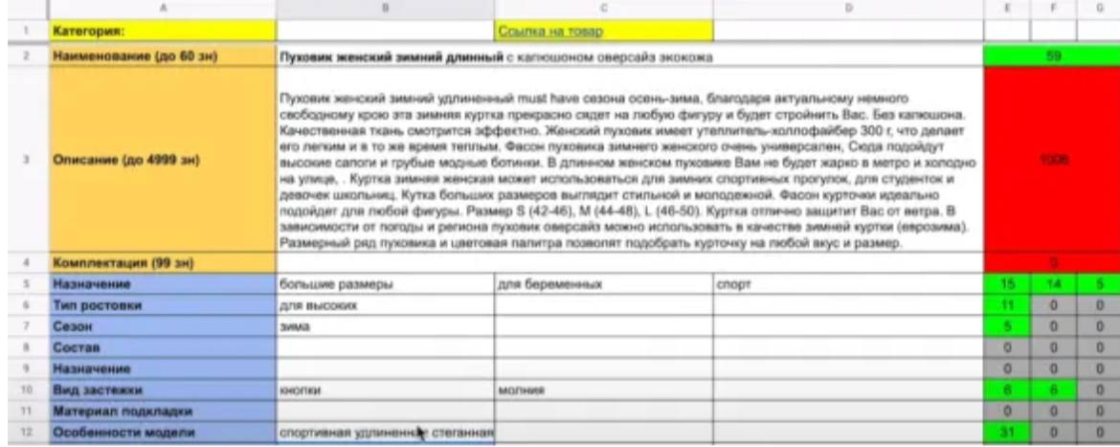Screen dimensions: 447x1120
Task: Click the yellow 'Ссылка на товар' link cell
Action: (549, 32)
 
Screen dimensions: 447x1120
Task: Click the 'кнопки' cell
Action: (298, 391)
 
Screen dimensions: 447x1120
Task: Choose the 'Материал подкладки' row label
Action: (118, 412)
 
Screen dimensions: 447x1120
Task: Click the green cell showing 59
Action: (1051, 56)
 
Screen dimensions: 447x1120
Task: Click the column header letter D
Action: (848, 8)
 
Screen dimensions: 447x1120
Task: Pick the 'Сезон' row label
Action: (73, 326)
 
